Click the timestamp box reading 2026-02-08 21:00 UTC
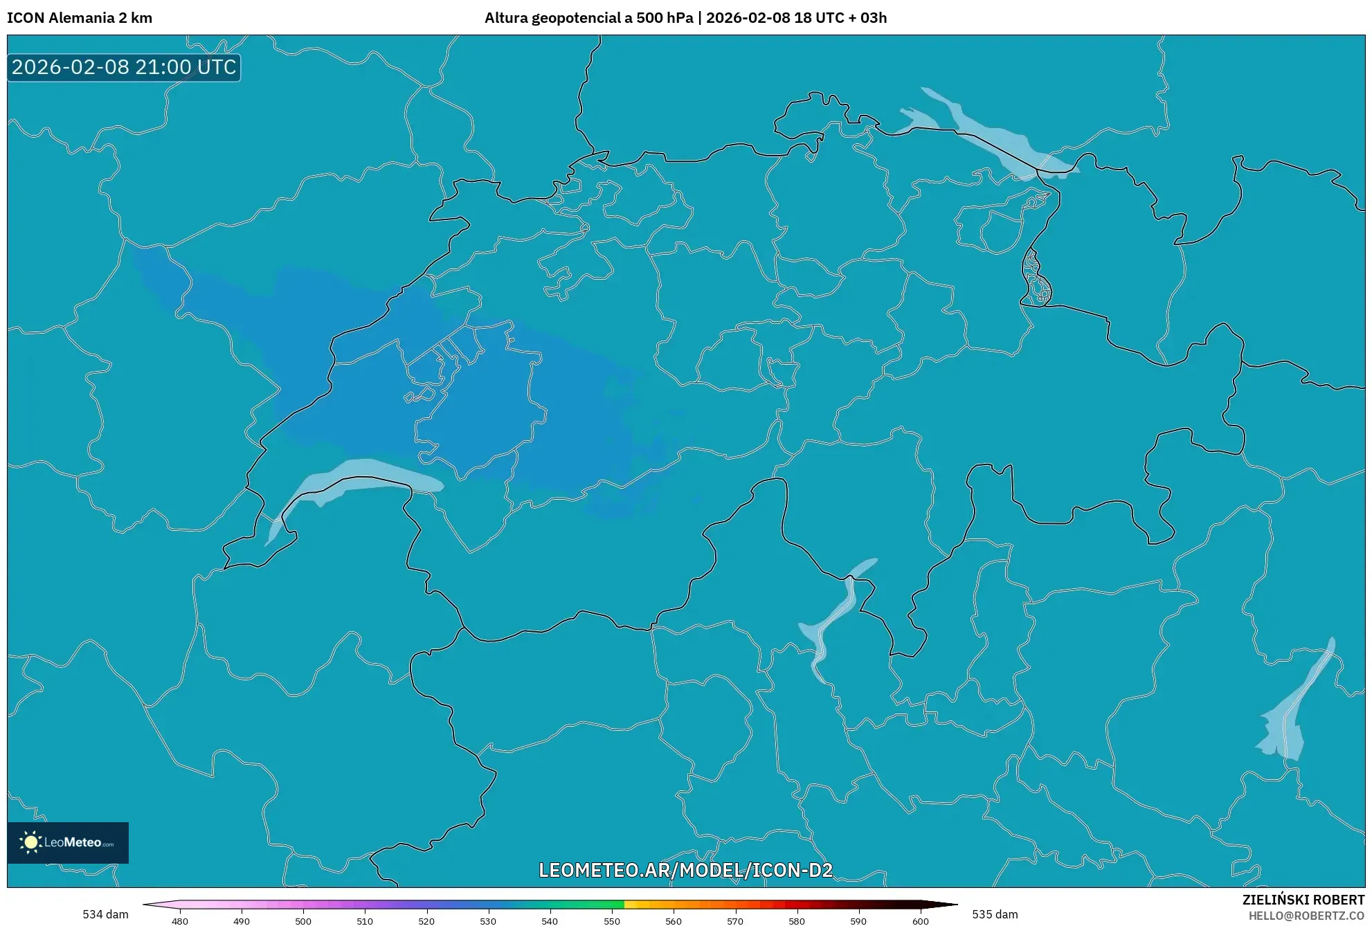(x=124, y=67)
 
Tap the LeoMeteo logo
(x=68, y=842)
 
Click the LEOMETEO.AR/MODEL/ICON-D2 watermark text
(x=685, y=870)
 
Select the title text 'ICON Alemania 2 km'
(x=80, y=18)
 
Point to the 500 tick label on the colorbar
(x=303, y=921)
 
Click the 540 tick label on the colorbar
(x=550, y=921)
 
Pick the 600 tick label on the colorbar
(x=920, y=921)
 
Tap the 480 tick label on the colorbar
(x=180, y=921)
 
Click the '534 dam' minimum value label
(x=105, y=914)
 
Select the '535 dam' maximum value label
(x=995, y=914)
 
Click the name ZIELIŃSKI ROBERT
(x=1303, y=900)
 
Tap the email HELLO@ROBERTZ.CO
(x=1306, y=916)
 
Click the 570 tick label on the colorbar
(x=735, y=921)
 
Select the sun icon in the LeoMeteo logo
(x=30, y=842)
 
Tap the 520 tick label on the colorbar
(x=426, y=921)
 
